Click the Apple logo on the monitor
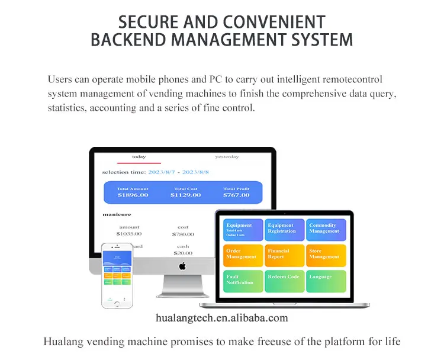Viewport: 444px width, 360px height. point(182,266)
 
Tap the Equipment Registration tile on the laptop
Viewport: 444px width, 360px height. point(281,229)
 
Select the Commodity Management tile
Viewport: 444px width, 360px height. point(323,229)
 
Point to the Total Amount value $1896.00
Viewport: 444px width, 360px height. point(133,195)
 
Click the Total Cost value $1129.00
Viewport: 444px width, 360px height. point(185,195)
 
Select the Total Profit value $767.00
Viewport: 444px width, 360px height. point(236,195)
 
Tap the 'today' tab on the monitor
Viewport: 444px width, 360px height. point(139,157)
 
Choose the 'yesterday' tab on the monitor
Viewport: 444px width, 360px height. point(227,157)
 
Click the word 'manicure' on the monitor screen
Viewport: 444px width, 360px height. point(117,214)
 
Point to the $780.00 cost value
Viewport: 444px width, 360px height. point(183,234)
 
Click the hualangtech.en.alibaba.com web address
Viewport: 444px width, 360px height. point(221,319)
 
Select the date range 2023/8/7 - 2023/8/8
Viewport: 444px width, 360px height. point(179,172)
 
